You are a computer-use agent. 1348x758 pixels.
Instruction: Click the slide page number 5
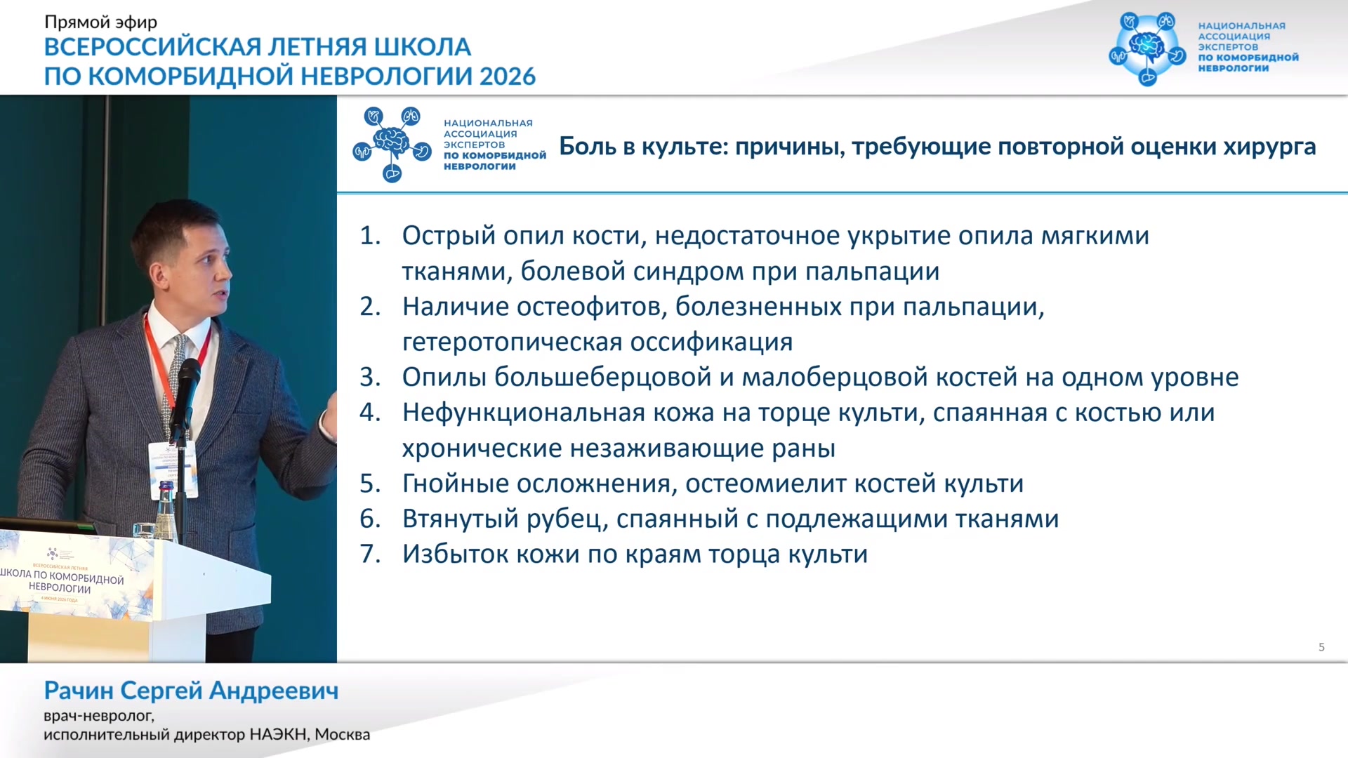pyautogui.click(x=1321, y=647)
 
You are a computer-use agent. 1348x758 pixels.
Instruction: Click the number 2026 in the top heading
pyautogui.click(x=508, y=76)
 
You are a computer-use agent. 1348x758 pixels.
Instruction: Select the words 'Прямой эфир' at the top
pyautogui.click(x=101, y=22)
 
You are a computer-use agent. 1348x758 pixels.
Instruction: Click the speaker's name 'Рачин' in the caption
pyautogui.click(x=79, y=691)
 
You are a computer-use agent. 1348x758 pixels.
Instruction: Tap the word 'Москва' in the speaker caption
pyautogui.click(x=342, y=734)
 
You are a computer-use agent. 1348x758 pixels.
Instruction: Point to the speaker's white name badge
pyautogui.click(x=172, y=470)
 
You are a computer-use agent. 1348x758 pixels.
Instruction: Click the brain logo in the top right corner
pyautogui.click(x=1147, y=48)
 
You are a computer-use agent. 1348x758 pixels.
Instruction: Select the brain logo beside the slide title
pyautogui.click(x=392, y=144)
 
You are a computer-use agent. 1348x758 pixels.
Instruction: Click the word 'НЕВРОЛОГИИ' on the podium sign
pyautogui.click(x=60, y=587)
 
